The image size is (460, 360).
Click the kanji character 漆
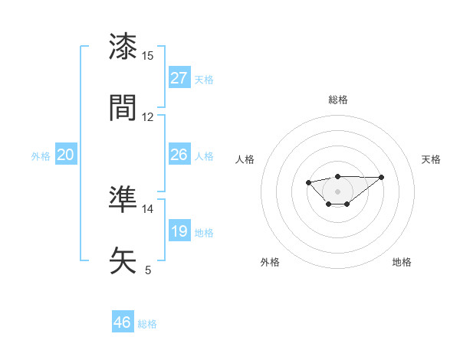(x=123, y=47)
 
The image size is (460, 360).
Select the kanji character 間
(x=123, y=108)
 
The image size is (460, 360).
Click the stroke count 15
(x=148, y=56)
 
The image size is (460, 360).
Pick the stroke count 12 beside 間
(x=148, y=117)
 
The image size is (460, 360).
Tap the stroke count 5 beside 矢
(x=148, y=270)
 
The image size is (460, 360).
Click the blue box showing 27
(x=179, y=78)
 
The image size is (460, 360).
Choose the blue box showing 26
(x=179, y=155)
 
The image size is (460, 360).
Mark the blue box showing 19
(x=179, y=231)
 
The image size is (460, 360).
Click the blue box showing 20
(x=65, y=155)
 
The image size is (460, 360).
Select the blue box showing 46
(x=123, y=322)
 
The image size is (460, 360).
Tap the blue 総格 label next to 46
(x=147, y=324)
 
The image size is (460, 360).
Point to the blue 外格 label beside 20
(x=41, y=156)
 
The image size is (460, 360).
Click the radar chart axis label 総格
(x=338, y=100)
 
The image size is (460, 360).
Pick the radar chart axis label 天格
(x=431, y=159)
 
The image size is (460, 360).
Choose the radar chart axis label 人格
(x=245, y=159)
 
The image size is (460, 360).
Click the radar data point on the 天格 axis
(x=382, y=177)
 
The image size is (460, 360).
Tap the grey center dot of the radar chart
(x=337, y=191)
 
